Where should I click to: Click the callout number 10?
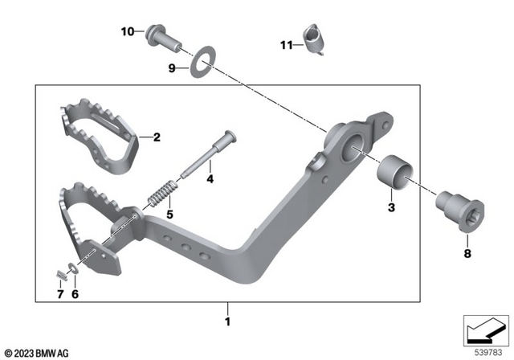pos(128,31)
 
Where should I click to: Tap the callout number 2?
pos(157,137)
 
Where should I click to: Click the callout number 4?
pos(210,179)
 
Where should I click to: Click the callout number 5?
pos(169,215)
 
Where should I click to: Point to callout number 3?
pos(391,209)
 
